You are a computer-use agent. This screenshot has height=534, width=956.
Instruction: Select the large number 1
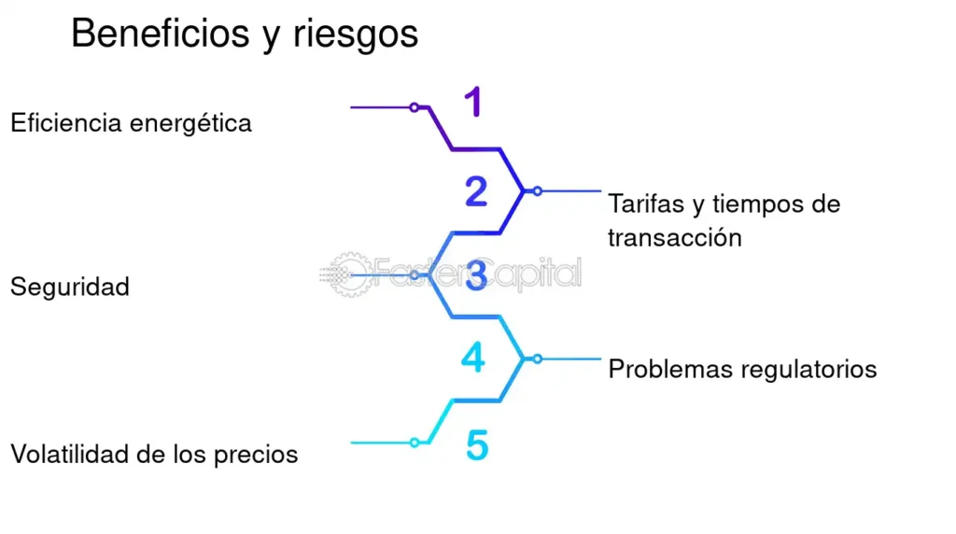pyautogui.click(x=474, y=102)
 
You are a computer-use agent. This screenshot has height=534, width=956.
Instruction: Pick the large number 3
pyautogui.click(x=476, y=276)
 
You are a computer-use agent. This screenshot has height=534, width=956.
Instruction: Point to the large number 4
pyautogui.click(x=474, y=358)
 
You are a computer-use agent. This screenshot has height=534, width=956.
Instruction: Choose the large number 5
pyautogui.click(x=477, y=446)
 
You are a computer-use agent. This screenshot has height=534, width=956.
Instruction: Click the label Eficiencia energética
pyautogui.click(x=131, y=122)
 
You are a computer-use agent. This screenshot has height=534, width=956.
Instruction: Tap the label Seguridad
pyautogui.click(x=70, y=287)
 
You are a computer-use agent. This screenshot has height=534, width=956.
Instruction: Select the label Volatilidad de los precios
pyautogui.click(x=154, y=455)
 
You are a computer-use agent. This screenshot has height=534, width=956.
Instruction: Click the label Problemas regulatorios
pyautogui.click(x=742, y=369)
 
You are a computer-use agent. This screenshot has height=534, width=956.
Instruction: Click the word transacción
pyautogui.click(x=674, y=237)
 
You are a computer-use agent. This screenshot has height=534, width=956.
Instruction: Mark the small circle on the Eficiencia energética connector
pyautogui.click(x=415, y=107)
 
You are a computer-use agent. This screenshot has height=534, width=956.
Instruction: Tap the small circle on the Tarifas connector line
pyautogui.click(x=537, y=190)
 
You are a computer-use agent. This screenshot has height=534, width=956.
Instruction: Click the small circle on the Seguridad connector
pyautogui.click(x=415, y=275)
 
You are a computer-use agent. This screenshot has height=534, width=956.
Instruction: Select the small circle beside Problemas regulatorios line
pyautogui.click(x=537, y=358)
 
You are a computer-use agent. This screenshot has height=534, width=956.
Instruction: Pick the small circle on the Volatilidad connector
pyautogui.click(x=415, y=443)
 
